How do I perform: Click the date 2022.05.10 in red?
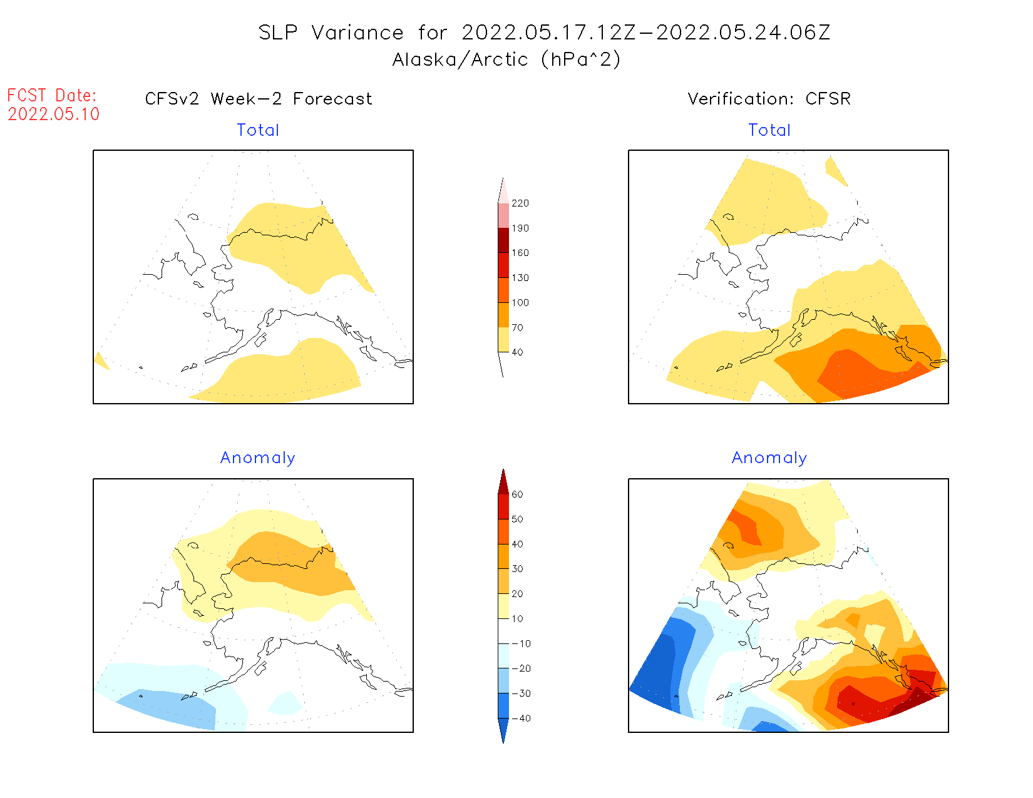tap(54, 114)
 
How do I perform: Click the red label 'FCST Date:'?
tap(52, 95)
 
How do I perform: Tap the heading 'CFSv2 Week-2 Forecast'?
tap(258, 99)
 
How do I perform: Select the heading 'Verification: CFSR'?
tap(769, 99)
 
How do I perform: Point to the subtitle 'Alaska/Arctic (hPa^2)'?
tap(506, 59)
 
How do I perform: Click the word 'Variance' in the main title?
tap(357, 33)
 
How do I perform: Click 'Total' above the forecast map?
tap(258, 130)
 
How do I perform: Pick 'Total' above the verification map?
tap(769, 130)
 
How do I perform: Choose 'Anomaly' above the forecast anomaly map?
tap(257, 458)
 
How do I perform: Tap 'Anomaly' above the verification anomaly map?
tap(769, 458)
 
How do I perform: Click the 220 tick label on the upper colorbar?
tap(520, 203)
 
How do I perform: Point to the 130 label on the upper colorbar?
tap(520, 278)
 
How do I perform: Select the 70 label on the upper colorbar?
tap(517, 327)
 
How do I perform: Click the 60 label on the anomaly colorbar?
tap(517, 494)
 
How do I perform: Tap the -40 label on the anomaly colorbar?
tap(521, 719)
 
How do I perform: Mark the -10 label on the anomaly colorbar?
tap(521, 643)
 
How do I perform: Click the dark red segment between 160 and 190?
tap(503, 240)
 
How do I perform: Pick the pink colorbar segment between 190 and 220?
tap(503, 215)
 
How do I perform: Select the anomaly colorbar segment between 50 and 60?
tap(503, 507)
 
